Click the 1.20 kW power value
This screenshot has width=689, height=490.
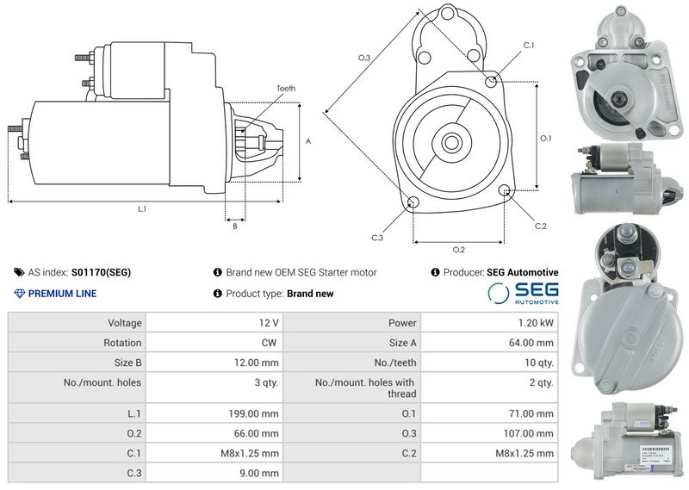pyautogui.click(x=536, y=323)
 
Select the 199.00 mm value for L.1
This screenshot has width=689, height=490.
pyautogui.click(x=253, y=413)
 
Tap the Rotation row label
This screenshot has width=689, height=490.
pyautogui.click(x=122, y=343)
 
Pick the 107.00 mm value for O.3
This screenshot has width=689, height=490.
pyautogui.click(x=529, y=433)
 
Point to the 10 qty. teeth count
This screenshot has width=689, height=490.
pyautogui.click(x=539, y=363)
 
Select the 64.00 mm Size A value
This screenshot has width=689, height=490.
pyautogui.click(x=531, y=343)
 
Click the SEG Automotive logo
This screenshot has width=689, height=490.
pyautogui.click(x=523, y=293)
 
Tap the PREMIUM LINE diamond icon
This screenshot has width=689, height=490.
pyautogui.click(x=20, y=294)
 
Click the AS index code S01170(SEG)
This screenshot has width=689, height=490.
pyautogui.click(x=101, y=272)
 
